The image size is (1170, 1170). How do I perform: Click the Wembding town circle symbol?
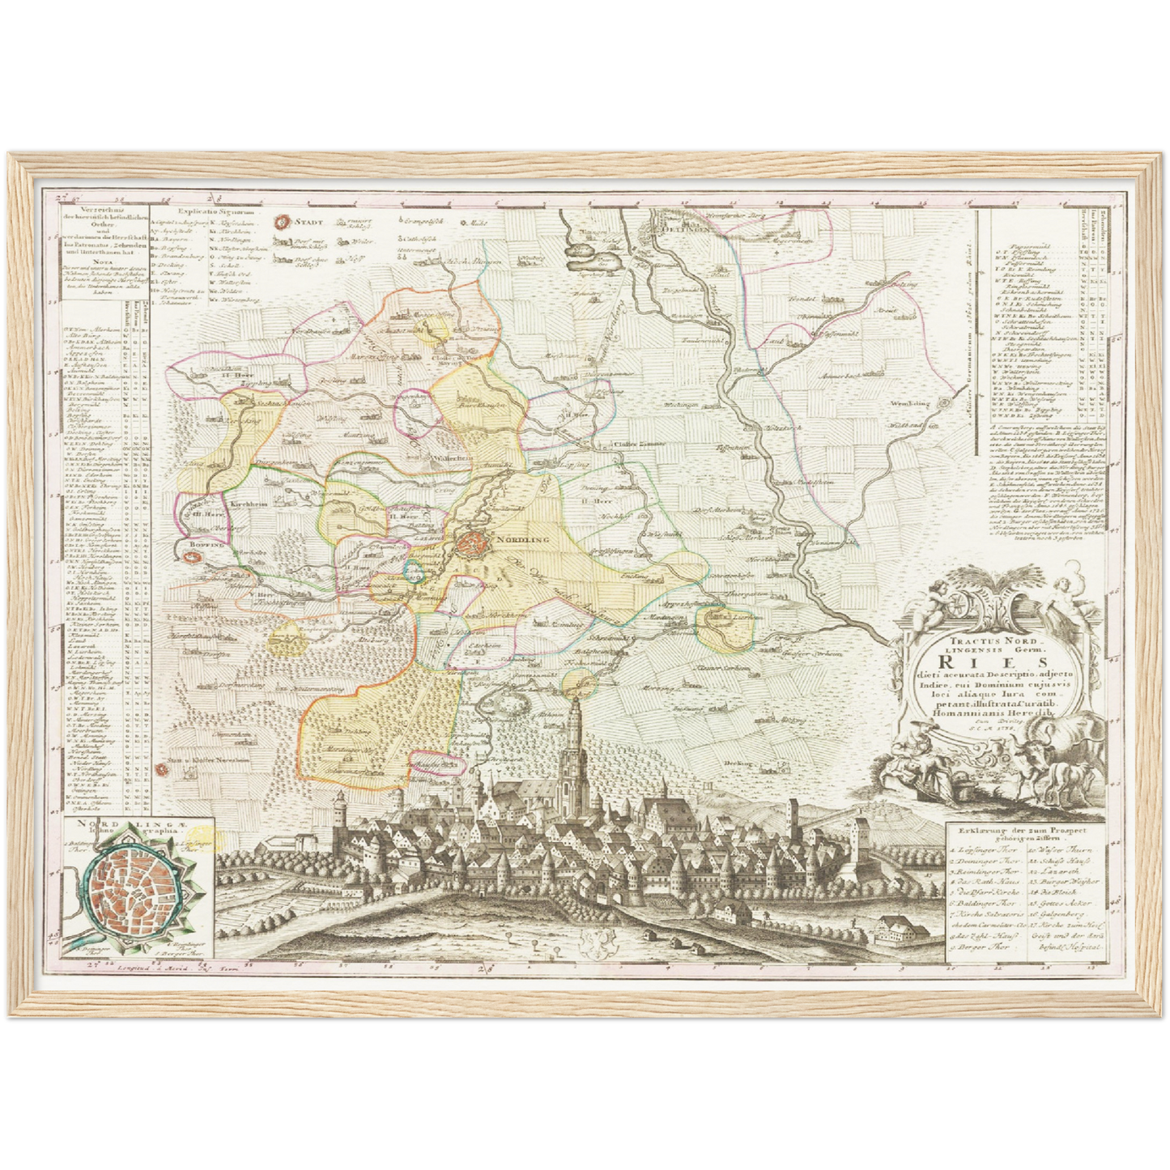(944, 402)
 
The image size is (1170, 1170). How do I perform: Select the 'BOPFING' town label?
(201, 547)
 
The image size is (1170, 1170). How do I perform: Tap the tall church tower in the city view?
(573, 733)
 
